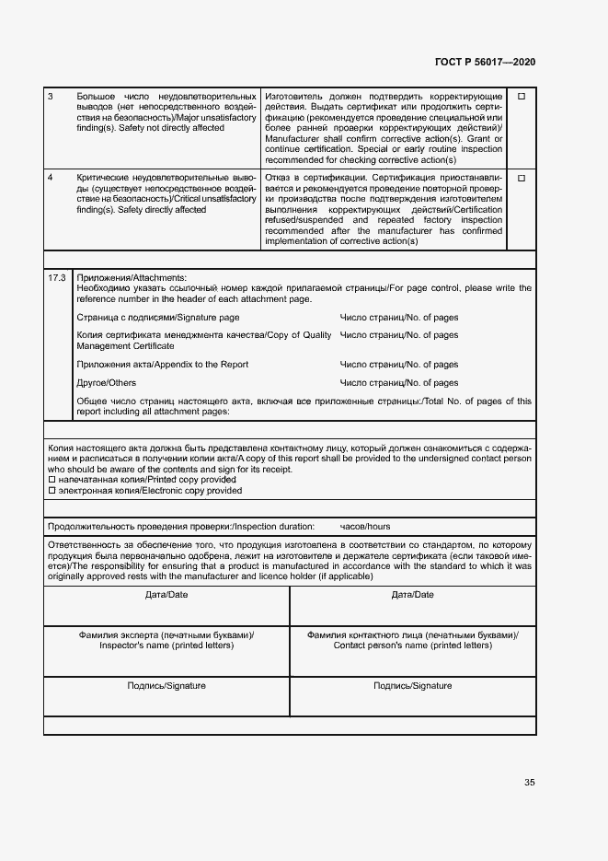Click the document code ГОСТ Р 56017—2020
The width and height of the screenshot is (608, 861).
pyautogui.click(x=485, y=62)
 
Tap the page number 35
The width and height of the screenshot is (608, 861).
pyautogui.click(x=529, y=783)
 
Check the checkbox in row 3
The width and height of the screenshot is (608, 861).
pyautogui.click(x=521, y=97)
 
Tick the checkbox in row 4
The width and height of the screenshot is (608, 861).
pyautogui.click(x=521, y=178)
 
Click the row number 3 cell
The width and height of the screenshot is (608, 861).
pyautogui.click(x=51, y=97)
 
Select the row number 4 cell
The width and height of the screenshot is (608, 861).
pyautogui.click(x=51, y=177)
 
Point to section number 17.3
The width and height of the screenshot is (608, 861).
pyautogui.click(x=57, y=277)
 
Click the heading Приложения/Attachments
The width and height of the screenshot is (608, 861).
pyautogui.click(x=132, y=277)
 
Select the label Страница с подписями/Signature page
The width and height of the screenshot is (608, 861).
pyautogui.click(x=158, y=318)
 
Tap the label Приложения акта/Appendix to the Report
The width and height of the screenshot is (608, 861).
pyautogui.click(x=163, y=365)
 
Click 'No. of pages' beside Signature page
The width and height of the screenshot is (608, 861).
pyautogui.click(x=399, y=318)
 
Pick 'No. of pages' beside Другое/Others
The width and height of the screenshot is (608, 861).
pyautogui.click(x=399, y=383)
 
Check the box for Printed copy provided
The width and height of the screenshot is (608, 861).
pyautogui.click(x=52, y=481)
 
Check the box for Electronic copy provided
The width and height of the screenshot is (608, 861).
pyautogui.click(x=52, y=491)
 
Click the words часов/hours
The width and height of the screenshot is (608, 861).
pyautogui.click(x=365, y=527)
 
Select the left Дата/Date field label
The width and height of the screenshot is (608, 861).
pyautogui.click(x=166, y=595)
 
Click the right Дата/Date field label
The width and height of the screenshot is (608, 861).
pyautogui.click(x=413, y=595)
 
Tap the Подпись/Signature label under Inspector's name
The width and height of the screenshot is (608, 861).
pyautogui.click(x=166, y=686)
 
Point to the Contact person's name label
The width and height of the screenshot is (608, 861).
pyautogui.click(x=413, y=646)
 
